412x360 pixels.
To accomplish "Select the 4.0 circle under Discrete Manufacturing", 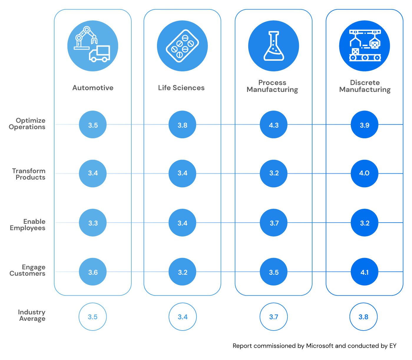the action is click(x=364, y=173).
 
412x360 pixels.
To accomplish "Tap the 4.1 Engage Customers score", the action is click(x=364, y=272).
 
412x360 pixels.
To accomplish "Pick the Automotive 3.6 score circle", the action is click(x=93, y=272).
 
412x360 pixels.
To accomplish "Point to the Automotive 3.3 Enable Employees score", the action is click(x=93, y=223).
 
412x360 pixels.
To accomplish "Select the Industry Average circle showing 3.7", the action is click(x=274, y=317).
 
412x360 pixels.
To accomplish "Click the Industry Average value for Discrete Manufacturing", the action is click(x=363, y=317).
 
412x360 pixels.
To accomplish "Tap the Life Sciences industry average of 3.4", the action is click(x=182, y=317).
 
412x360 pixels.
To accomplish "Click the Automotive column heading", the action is click(x=93, y=88).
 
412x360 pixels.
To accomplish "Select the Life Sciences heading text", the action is click(x=181, y=88).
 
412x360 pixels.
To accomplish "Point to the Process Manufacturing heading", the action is click(x=272, y=86).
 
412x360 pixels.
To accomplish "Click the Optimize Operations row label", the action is click(x=27, y=124).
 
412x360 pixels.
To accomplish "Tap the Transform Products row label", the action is click(x=29, y=174).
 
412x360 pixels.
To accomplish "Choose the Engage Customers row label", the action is click(x=28, y=270).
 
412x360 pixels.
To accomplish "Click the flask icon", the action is click(x=274, y=46).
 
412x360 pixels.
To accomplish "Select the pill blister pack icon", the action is click(x=182, y=46).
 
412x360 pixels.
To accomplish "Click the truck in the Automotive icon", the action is click(x=100, y=54).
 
